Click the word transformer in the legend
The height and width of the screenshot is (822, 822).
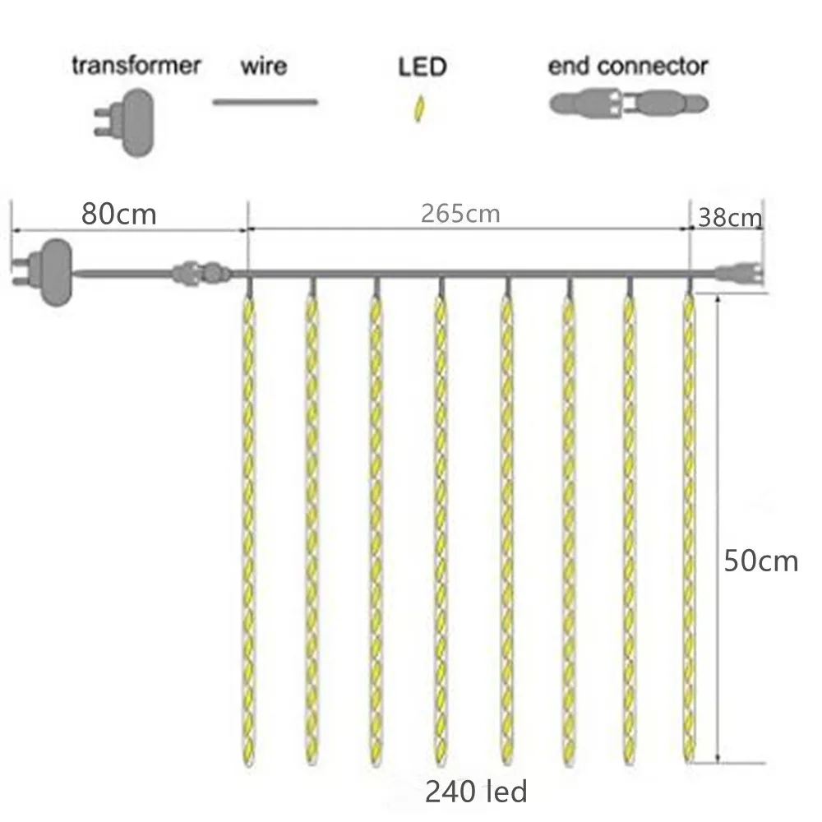click(136, 65)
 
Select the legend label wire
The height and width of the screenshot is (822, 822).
click(263, 65)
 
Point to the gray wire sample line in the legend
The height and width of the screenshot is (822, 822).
click(265, 102)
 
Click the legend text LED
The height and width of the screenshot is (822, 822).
click(422, 67)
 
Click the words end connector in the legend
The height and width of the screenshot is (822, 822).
click(628, 67)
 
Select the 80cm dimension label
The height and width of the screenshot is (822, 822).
click(118, 215)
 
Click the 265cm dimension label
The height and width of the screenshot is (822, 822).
click(460, 214)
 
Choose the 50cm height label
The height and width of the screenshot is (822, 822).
click(760, 561)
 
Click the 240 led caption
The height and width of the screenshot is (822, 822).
click(475, 792)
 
